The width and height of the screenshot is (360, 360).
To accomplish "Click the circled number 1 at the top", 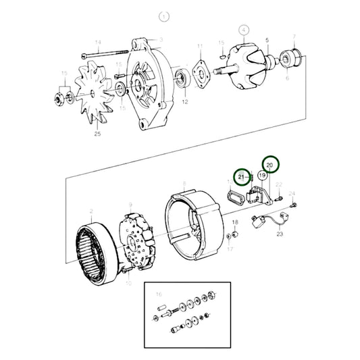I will point(161,16).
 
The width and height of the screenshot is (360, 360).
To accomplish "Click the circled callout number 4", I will point(244,30).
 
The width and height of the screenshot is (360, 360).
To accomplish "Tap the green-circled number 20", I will point(270,164).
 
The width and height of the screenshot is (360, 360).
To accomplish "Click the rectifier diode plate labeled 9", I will point(140,240).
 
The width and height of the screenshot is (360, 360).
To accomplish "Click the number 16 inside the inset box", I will point(159,294).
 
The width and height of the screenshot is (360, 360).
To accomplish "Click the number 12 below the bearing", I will point(167,101).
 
